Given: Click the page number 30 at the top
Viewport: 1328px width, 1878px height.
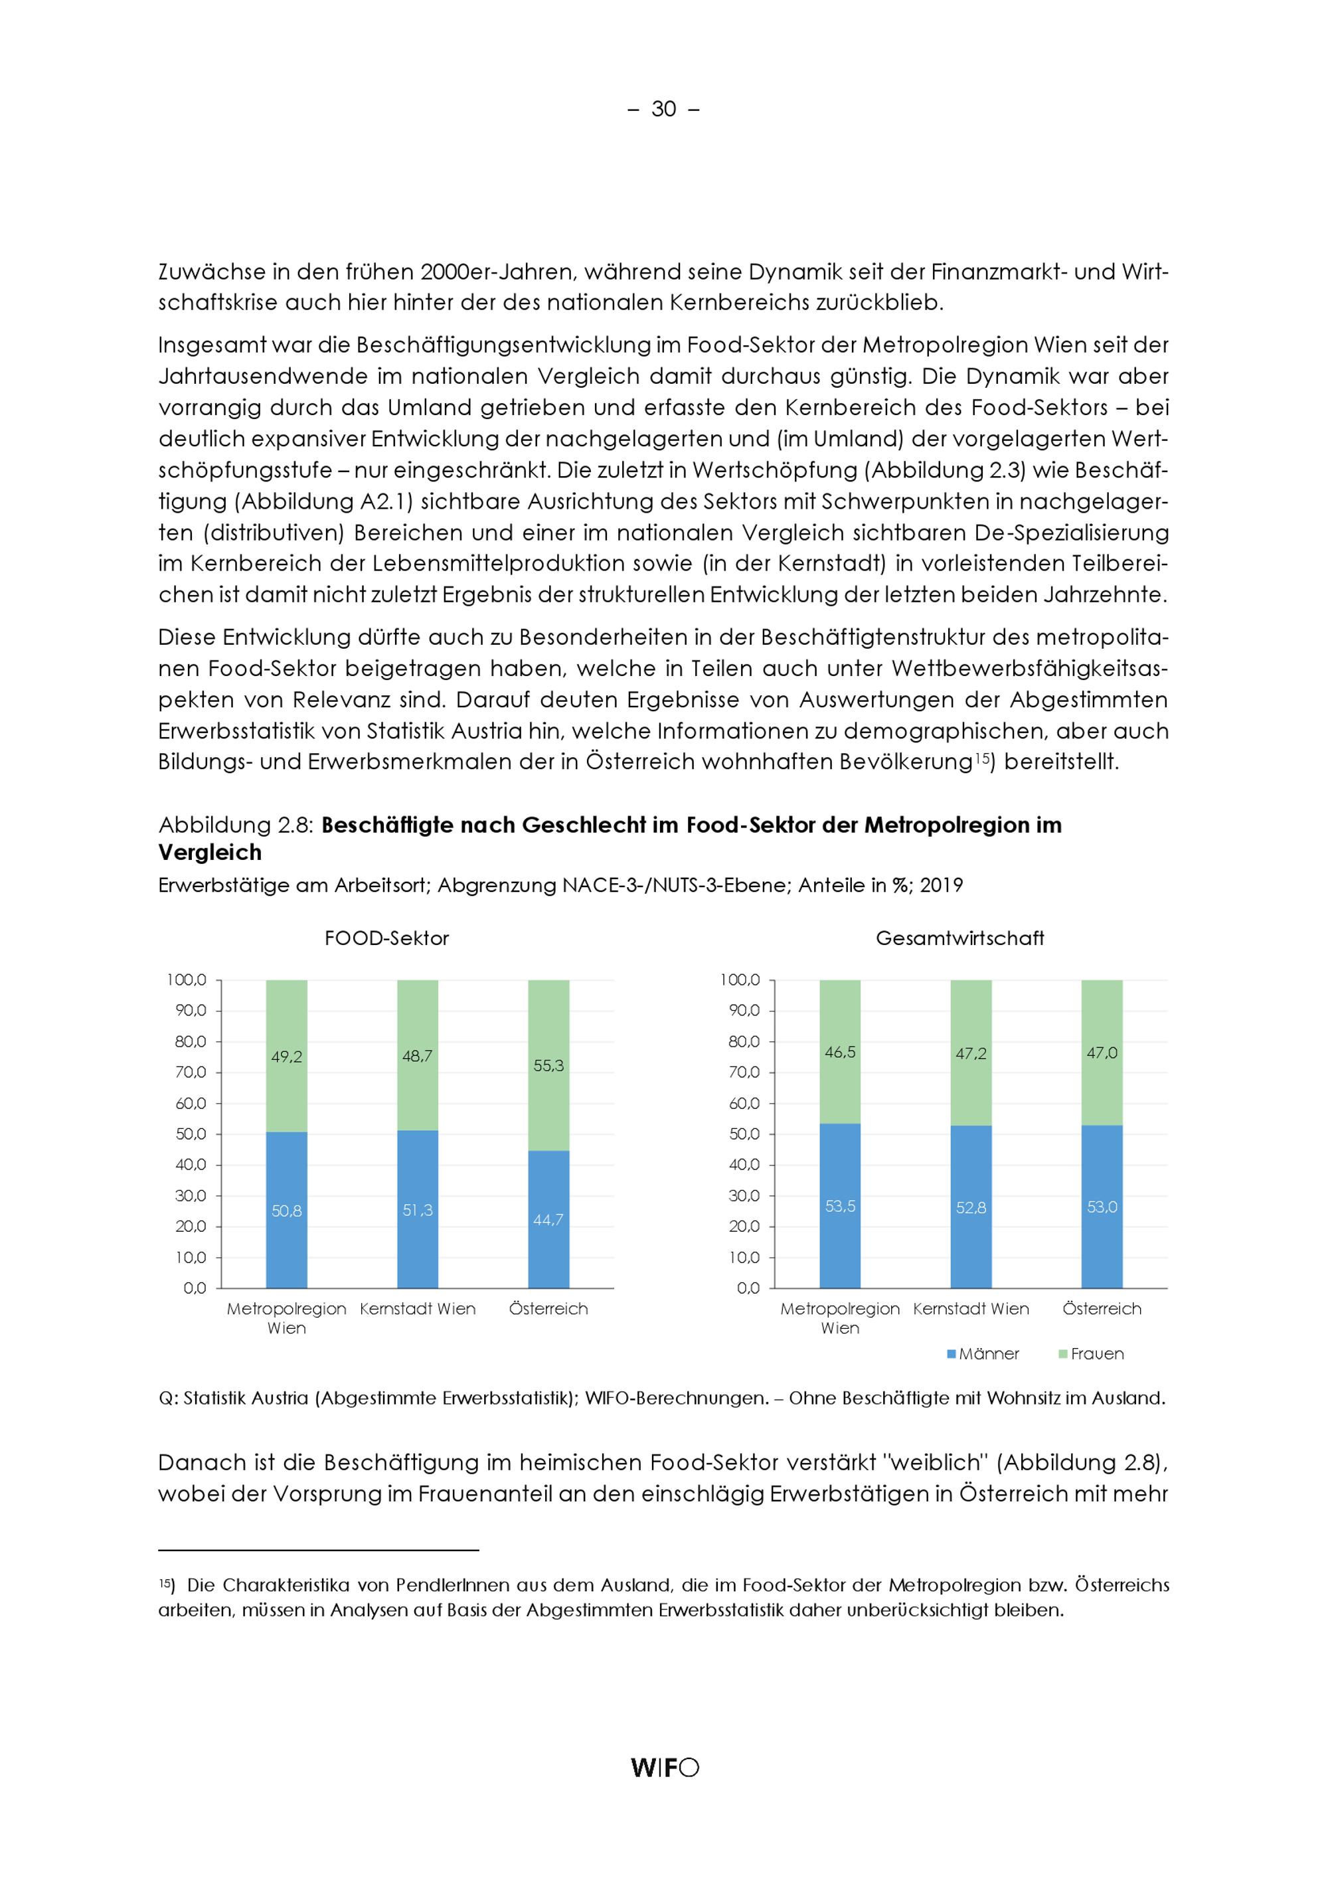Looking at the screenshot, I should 663,109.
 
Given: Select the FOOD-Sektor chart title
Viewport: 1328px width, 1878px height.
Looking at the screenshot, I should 387,938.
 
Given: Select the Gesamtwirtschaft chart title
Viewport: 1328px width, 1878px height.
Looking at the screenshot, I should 959,938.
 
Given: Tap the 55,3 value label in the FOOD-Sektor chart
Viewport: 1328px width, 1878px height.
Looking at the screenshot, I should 548,1066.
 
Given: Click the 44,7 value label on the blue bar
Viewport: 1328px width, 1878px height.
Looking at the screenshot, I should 548,1219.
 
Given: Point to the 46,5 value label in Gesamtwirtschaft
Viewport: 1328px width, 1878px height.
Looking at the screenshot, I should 840,1052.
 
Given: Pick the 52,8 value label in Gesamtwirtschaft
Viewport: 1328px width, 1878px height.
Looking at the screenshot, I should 971,1207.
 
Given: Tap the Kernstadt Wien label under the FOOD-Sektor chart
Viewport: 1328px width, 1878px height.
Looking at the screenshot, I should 417,1309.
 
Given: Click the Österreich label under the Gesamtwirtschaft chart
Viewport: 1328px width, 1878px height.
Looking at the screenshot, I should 1102,1309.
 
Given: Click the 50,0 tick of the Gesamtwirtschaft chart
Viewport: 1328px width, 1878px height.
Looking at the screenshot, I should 744,1134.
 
